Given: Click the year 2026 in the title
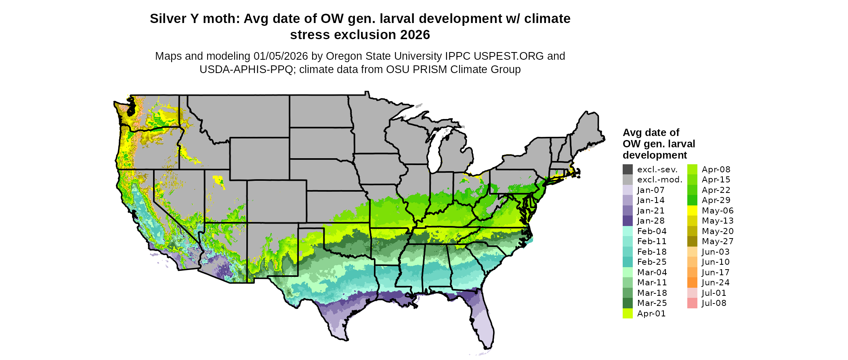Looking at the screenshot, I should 415,35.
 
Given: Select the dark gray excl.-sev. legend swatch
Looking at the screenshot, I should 628,170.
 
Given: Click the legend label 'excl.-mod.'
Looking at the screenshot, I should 660,180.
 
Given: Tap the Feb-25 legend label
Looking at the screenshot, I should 652,262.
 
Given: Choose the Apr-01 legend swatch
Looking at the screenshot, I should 628,314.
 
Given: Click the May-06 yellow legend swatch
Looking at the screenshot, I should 692,211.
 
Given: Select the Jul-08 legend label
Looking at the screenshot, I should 714,303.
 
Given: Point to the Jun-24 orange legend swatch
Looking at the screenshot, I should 692,283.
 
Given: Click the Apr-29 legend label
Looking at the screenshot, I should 716,201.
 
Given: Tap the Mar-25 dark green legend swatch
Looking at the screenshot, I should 628,303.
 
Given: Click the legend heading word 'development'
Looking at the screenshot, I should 655,155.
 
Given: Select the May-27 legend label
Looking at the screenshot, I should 718,242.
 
